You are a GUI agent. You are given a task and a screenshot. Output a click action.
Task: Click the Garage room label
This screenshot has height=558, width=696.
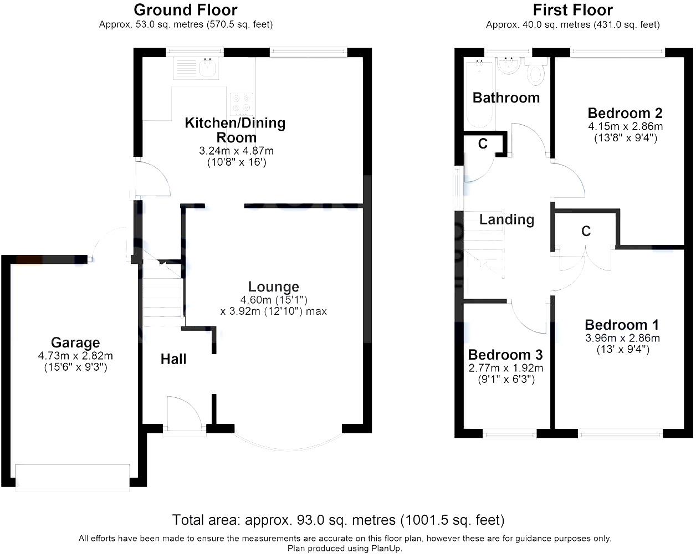coord(75,342)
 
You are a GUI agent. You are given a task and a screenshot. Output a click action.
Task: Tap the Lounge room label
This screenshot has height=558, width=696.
coord(273,286)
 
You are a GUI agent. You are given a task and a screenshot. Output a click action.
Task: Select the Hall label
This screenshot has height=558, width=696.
coord(173,359)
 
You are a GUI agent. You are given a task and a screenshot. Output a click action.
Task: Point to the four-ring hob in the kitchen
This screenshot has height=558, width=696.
coord(242,103)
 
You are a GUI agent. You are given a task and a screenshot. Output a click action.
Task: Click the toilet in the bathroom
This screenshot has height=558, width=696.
coord(535,73)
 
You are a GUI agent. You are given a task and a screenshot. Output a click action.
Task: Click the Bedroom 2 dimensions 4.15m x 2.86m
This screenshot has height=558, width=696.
coord(625,126)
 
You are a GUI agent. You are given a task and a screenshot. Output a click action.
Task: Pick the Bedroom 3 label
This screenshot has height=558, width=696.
coord(505,355)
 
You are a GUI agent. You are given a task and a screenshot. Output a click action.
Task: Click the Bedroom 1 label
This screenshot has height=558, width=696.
coord(622,325)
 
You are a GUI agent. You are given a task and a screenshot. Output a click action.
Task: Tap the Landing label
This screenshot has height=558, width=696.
coord(506,219)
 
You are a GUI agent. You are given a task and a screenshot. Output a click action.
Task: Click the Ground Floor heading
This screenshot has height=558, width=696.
coord(186,10)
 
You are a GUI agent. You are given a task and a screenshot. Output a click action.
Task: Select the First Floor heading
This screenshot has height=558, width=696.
coord(572,10)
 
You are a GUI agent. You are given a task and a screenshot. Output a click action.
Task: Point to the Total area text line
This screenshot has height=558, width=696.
coord(338,520)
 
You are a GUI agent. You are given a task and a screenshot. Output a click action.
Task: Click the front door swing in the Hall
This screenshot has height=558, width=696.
coord(183,413)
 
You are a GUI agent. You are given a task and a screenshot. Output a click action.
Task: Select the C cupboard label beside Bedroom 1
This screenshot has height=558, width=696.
coord(586,231)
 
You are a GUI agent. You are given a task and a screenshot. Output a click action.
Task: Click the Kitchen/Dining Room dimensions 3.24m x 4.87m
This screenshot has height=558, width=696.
coord(236,151)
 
